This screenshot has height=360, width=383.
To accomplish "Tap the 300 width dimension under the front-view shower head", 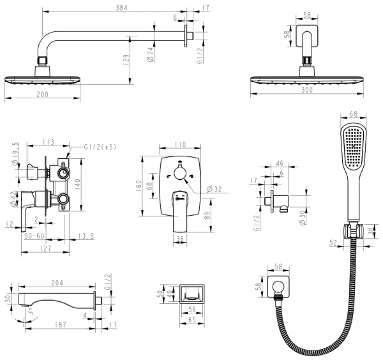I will point(308,91).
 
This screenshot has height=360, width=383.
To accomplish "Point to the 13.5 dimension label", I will point(86,236).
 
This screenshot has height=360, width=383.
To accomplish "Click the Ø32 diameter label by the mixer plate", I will point(213,190).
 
